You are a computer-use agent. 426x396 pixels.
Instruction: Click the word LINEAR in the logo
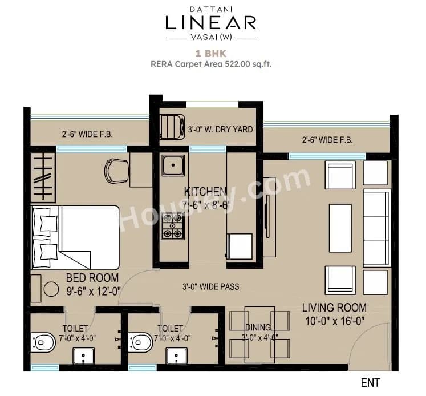point(211,23)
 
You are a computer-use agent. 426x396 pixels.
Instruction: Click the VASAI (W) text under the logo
point(211,37)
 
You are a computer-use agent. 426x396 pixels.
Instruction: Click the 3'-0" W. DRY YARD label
point(220,130)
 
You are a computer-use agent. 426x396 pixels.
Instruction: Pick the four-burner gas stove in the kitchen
point(172,225)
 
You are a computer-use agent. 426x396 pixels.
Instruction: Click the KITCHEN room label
point(205,191)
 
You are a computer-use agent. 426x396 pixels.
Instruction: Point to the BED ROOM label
point(92,278)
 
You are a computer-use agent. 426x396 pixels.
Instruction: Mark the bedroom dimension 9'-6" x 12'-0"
point(92,290)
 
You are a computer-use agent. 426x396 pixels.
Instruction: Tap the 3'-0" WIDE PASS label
point(210,286)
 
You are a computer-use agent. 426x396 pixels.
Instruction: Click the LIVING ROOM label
point(334,308)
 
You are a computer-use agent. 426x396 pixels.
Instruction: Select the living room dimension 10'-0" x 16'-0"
point(334,320)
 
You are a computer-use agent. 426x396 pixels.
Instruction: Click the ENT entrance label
point(370,382)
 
